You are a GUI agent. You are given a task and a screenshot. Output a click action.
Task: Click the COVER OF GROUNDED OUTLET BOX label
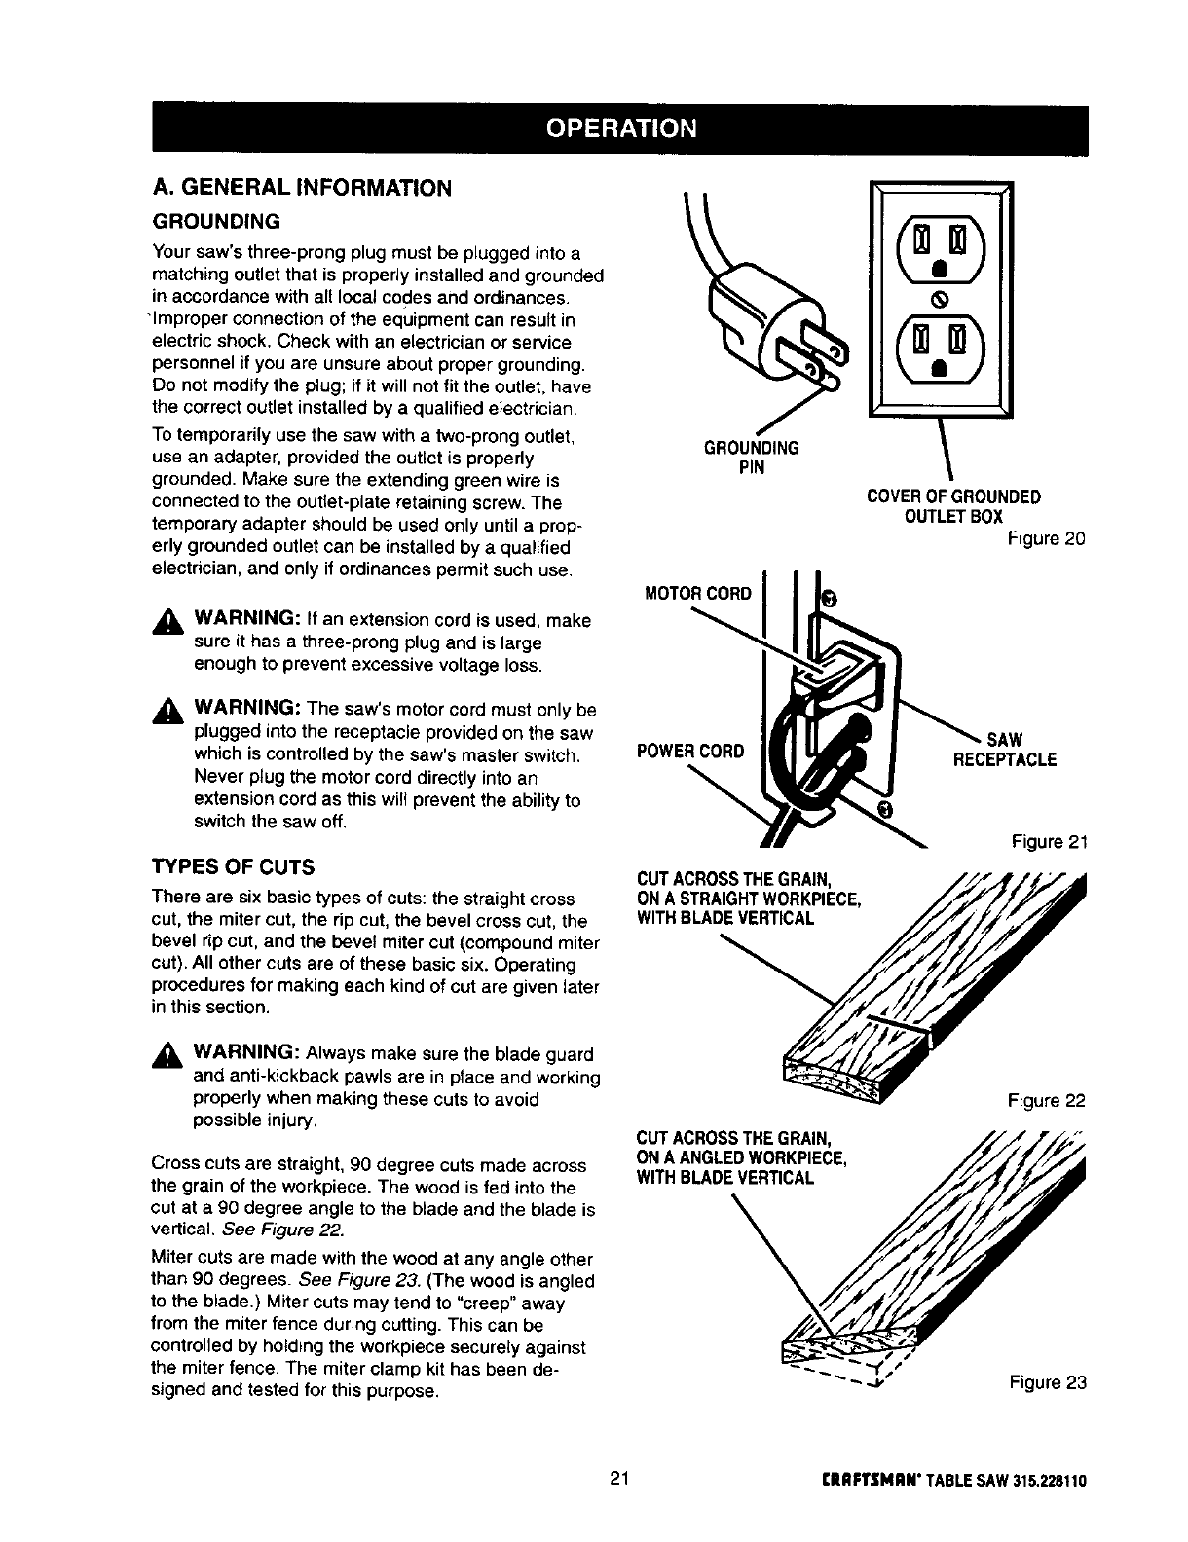coord(953,505)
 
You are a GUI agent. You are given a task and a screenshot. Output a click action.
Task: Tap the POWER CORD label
coord(690,751)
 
